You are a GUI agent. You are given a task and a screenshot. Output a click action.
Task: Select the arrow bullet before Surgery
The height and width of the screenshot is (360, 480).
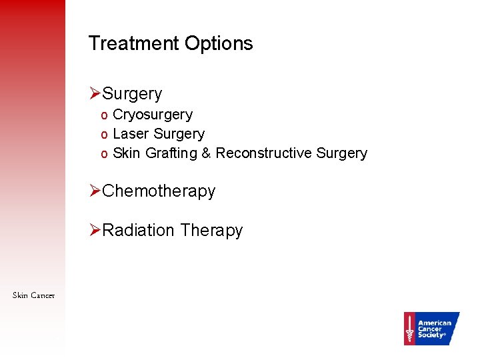click(x=95, y=94)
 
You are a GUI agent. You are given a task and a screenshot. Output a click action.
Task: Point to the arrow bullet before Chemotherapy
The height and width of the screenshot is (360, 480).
click(x=95, y=191)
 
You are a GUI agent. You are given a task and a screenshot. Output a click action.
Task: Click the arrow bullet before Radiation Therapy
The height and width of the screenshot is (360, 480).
click(x=95, y=230)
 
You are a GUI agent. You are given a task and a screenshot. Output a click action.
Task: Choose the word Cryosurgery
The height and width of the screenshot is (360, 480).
click(x=153, y=115)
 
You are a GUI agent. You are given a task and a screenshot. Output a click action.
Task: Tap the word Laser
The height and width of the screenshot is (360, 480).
click(x=131, y=134)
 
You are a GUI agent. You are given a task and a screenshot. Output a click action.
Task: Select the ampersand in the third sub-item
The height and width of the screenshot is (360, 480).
click(x=206, y=153)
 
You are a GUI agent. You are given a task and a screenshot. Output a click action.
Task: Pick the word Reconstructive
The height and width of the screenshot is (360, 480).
click(x=264, y=153)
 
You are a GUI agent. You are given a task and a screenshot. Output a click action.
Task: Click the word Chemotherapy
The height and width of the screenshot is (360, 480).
click(x=159, y=191)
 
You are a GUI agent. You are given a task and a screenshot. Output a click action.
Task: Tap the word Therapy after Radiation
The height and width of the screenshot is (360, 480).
click(x=211, y=230)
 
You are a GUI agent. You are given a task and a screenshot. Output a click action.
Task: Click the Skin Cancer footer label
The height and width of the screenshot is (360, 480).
click(x=33, y=295)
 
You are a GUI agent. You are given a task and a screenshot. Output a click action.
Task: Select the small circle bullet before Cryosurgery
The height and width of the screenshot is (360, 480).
click(x=104, y=116)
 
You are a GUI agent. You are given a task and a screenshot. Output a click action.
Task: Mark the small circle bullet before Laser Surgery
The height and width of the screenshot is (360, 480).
click(x=104, y=135)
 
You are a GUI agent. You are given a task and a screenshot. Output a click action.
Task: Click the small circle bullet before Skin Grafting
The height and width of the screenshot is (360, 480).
click(x=104, y=155)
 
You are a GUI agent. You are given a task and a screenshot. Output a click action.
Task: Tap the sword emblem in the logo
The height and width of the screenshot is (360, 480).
click(x=409, y=329)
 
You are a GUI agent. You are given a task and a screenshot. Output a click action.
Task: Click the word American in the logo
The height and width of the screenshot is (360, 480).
click(x=435, y=323)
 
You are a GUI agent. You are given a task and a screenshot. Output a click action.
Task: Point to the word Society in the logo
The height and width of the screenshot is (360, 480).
click(x=431, y=335)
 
